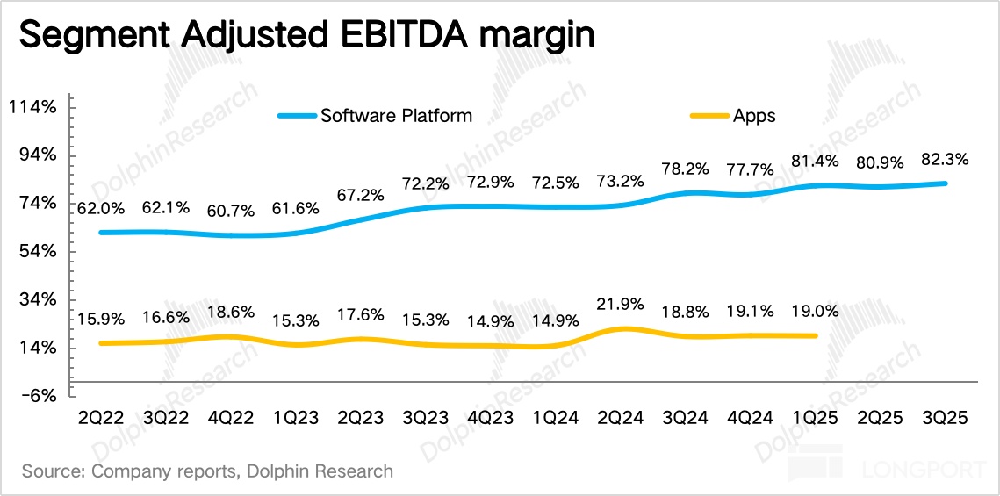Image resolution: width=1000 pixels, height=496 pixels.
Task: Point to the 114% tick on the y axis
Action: coord(32,108)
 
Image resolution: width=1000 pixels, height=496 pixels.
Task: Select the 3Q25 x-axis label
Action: coord(946,419)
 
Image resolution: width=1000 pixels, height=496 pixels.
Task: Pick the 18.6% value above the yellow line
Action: coord(233,312)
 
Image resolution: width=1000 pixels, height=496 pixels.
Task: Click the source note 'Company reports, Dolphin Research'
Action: coord(208,471)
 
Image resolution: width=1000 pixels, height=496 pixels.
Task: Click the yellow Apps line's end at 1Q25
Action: coord(817,335)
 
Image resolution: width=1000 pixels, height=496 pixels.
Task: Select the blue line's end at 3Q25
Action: coord(946,183)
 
